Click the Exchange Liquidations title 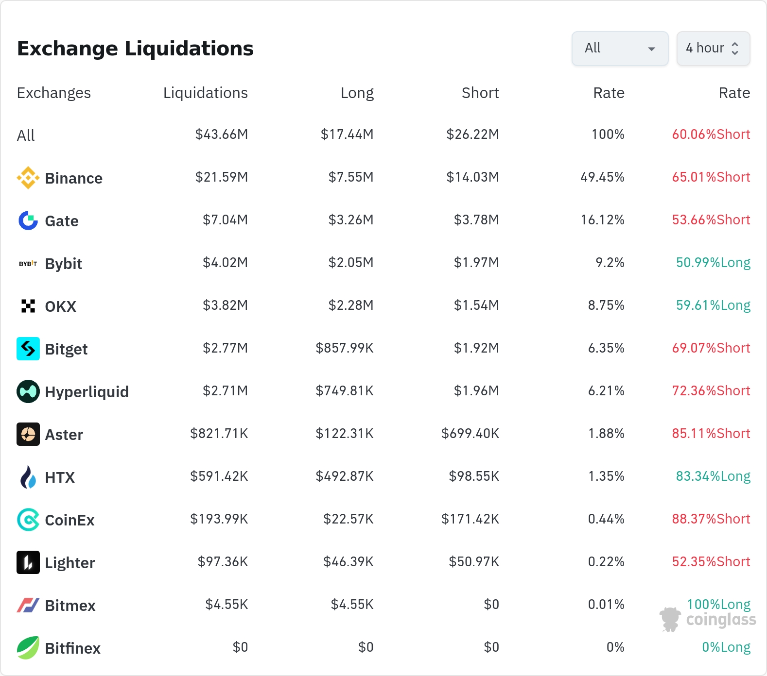coord(135,49)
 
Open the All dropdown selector coord(620,48)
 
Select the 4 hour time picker coord(713,48)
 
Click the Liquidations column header coord(206,93)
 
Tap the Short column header coord(480,93)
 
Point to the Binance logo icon coord(28,178)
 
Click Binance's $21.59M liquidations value coord(222,177)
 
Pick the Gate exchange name coord(62,221)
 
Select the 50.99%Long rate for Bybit coord(713,263)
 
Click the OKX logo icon coord(28,306)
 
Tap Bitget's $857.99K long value coord(345,348)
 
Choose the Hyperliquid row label coord(87,392)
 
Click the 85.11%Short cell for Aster coord(711,433)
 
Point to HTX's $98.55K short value coord(474,476)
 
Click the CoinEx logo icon coord(28,520)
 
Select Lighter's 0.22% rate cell coord(606,561)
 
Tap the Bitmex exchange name coord(70,606)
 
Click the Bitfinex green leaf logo coord(28,648)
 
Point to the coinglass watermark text coord(721,620)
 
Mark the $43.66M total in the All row coord(222,134)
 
